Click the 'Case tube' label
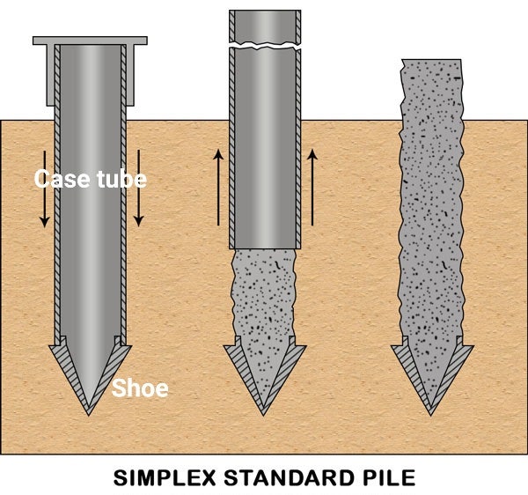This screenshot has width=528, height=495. tap(90, 179)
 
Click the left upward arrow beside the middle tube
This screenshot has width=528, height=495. tap(216, 187)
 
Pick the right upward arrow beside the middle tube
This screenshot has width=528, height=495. tap(312, 187)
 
